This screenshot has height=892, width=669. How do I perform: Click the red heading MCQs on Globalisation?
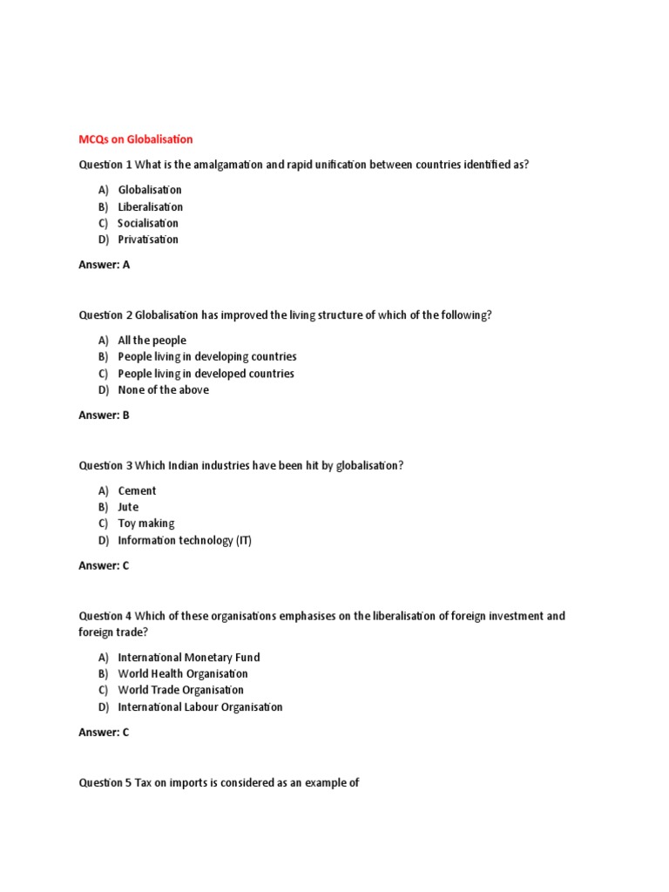click(135, 139)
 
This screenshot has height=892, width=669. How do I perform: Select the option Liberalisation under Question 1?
click(150, 206)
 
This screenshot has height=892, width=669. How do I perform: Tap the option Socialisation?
click(148, 223)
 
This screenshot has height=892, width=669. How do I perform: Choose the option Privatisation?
click(148, 240)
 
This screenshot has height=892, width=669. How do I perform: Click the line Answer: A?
click(104, 265)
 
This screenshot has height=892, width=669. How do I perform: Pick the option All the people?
click(152, 341)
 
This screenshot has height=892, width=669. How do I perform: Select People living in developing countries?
click(206, 357)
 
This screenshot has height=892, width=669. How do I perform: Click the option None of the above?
click(163, 390)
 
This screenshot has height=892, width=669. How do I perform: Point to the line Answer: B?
click(104, 416)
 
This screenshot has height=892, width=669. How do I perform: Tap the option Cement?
click(137, 491)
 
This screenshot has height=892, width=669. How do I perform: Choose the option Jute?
click(128, 507)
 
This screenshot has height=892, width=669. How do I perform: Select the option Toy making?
click(145, 524)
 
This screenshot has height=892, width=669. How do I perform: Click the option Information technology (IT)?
click(185, 540)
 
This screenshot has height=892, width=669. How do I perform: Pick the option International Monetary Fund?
click(188, 658)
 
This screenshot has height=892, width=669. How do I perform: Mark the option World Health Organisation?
click(182, 674)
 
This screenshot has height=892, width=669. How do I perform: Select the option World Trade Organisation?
click(180, 691)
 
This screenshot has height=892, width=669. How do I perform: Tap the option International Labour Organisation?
click(199, 707)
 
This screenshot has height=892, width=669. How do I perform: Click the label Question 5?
click(105, 783)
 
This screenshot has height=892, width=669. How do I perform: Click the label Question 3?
click(105, 466)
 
